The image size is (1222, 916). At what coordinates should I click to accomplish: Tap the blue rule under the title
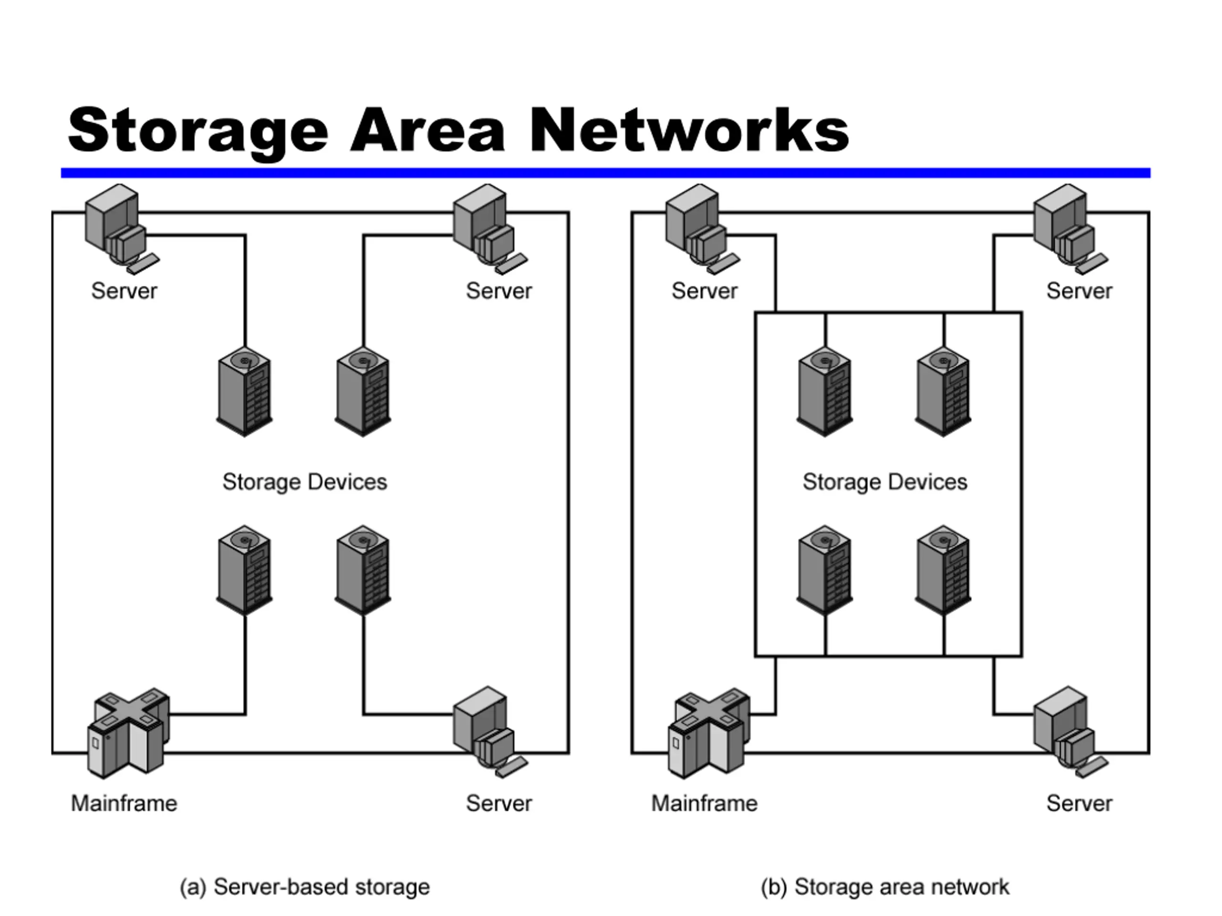coord(605,173)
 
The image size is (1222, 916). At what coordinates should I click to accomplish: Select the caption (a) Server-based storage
coord(305,887)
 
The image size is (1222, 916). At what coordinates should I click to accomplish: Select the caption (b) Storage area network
coord(885,887)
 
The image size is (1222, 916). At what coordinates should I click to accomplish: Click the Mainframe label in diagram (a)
coord(124,803)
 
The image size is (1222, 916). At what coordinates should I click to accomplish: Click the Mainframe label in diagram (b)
coord(705,803)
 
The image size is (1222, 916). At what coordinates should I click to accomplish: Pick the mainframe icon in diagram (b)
coord(709,733)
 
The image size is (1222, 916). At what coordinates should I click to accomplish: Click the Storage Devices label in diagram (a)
coord(305,482)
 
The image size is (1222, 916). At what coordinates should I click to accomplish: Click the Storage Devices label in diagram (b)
coord(885,482)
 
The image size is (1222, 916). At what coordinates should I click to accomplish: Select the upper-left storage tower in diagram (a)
coord(244,392)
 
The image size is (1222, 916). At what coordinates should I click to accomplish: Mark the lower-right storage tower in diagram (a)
coord(363,570)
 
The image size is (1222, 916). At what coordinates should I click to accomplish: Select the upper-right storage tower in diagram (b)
coord(943,392)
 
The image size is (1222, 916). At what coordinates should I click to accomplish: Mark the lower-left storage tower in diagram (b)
coord(825,570)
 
